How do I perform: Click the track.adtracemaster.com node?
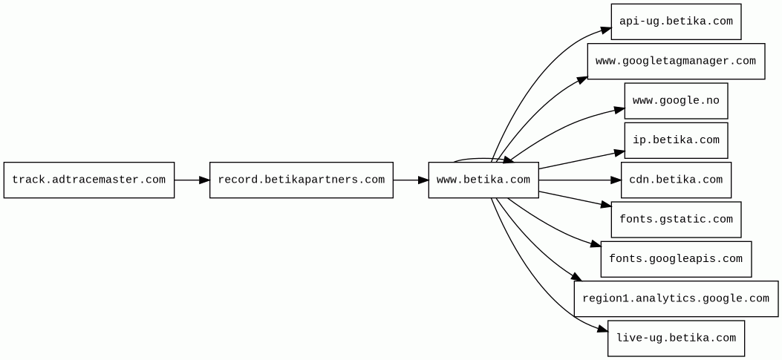pyautogui.click(x=89, y=180)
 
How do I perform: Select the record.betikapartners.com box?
pyautogui.click(x=301, y=180)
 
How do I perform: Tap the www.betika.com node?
pyautogui.click(x=483, y=180)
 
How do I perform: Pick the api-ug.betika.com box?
pyautogui.click(x=676, y=22)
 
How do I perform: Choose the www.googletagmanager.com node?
pyautogui.click(x=676, y=62)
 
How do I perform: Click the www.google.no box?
pyautogui.click(x=676, y=101)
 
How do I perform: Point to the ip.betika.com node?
pyautogui.click(x=676, y=140)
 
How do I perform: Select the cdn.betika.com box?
pyautogui.click(x=676, y=180)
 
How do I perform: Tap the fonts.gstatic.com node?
pyautogui.click(x=676, y=220)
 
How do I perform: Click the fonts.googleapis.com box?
pyautogui.click(x=676, y=259)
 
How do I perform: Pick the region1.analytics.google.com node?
pyautogui.click(x=676, y=299)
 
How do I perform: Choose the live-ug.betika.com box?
pyautogui.click(x=676, y=338)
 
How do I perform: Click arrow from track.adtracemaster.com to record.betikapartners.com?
pyautogui.click(x=192, y=180)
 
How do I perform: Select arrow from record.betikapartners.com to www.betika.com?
pyautogui.click(x=410, y=180)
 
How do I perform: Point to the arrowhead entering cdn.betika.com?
pyautogui.click(x=616, y=180)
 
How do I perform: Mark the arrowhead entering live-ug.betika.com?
pyautogui.click(x=602, y=328)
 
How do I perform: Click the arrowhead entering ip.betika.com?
pyautogui.click(x=619, y=153)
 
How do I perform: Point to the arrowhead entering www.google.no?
pyautogui.click(x=619, y=110)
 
